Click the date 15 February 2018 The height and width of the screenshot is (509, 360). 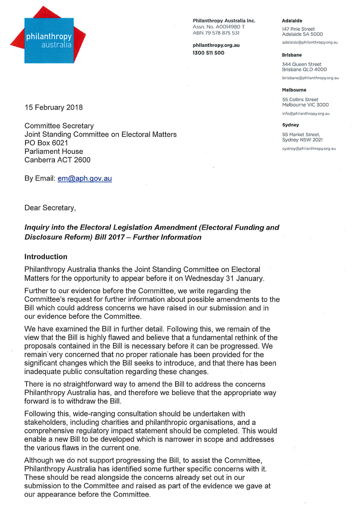click(x=54, y=108)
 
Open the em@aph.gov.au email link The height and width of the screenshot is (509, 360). click(x=85, y=179)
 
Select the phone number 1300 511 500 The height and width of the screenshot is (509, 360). click(x=208, y=53)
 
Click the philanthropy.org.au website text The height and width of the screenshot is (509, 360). click(x=216, y=45)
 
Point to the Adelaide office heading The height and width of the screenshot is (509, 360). click(x=292, y=21)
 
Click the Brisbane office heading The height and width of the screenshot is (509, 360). click(x=292, y=55)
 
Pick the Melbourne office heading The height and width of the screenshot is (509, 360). click(x=294, y=90)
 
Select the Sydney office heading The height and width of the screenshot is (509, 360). click(x=290, y=125)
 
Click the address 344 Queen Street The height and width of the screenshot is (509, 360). click(x=302, y=64)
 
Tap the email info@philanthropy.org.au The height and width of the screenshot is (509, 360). click(x=306, y=114)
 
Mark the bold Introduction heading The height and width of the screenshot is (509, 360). click(x=46, y=257)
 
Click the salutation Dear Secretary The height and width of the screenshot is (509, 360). click(x=50, y=208)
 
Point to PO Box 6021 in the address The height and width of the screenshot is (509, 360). click(x=46, y=143)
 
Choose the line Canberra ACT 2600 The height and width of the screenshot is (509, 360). click(x=57, y=160)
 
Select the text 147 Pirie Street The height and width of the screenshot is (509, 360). click(x=298, y=29)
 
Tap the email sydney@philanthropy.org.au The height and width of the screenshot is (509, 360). click(x=309, y=149)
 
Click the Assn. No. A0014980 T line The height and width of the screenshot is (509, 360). click(x=219, y=27)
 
